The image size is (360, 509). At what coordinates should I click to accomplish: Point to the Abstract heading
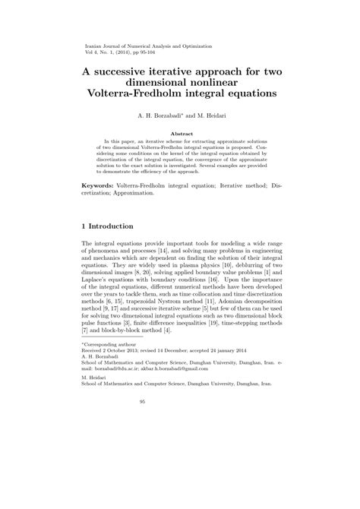(180, 134)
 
